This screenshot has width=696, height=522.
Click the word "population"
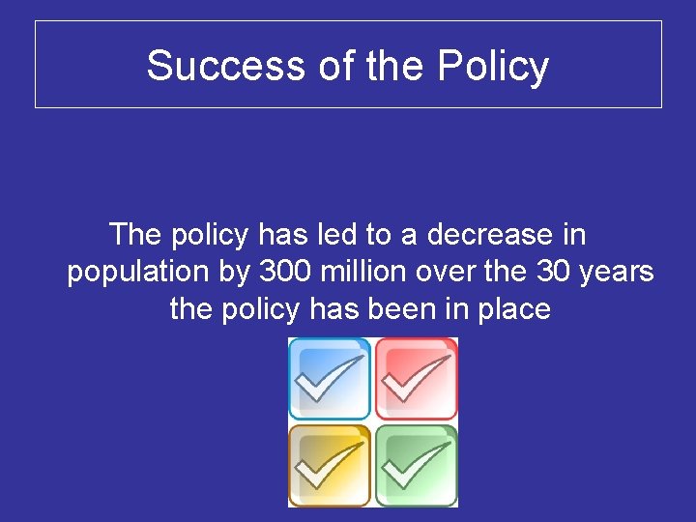[138, 273]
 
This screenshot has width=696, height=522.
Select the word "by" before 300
[236, 273]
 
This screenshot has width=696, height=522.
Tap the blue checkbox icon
[330, 379]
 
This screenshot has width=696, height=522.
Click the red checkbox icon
[416, 379]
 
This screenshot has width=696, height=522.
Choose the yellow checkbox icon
[330, 465]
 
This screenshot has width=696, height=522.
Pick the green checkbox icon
[416, 465]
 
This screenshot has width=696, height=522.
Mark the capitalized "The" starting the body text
[137, 234]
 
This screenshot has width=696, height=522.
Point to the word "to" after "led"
[401, 234]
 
